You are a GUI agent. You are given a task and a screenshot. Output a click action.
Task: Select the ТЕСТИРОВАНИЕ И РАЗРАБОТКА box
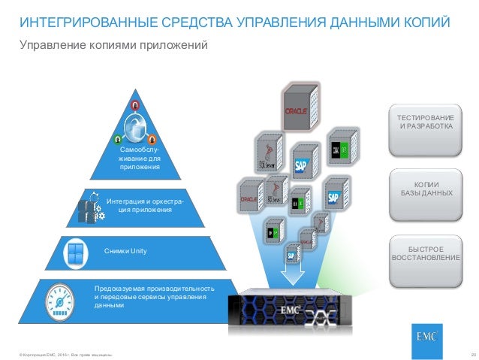426,123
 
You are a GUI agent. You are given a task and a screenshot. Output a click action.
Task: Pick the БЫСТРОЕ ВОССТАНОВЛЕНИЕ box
426,253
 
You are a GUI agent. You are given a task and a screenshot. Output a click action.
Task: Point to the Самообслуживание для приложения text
140,159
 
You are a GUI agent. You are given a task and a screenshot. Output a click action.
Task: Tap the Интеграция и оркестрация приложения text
144,206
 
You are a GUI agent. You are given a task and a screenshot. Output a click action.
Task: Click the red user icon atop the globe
135,104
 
